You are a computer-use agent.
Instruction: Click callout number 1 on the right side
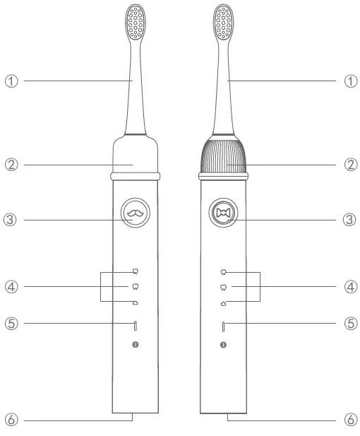pos(349,81)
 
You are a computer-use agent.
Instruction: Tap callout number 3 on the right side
pos(349,220)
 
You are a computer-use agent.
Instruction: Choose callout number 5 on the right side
pos(349,324)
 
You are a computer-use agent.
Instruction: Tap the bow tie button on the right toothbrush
pos(224,212)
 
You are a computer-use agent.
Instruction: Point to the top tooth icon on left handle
pos(135,271)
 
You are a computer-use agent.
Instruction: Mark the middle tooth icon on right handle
pos(224,287)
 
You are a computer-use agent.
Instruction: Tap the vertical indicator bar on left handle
pos(135,326)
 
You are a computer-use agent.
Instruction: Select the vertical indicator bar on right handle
pos(224,326)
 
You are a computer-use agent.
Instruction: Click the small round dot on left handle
pos(135,345)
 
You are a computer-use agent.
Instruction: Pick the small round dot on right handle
pos(224,345)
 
